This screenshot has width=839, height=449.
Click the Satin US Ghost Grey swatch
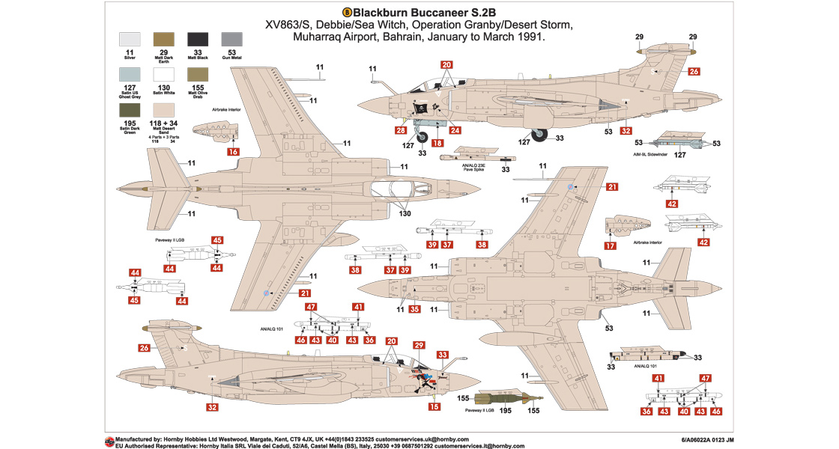pyautogui.click(x=130, y=76)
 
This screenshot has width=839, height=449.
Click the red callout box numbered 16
pyautogui.click(x=233, y=152)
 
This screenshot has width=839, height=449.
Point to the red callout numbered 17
pyautogui.click(x=611, y=245)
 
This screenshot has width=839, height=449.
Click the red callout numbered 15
pyautogui.click(x=434, y=406)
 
